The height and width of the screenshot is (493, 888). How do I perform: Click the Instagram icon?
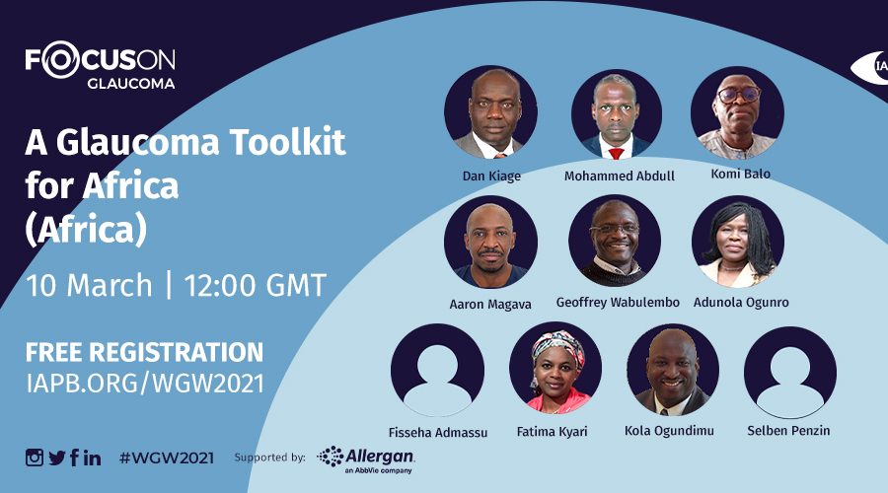tap(34, 458)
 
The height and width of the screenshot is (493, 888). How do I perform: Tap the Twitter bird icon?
tap(57, 458)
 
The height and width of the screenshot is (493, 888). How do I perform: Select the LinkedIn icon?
tap(93, 458)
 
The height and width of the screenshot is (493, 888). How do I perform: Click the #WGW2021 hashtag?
tap(167, 458)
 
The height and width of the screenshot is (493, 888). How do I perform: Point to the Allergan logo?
tap(366, 459)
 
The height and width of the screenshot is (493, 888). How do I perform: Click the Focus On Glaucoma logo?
tap(101, 65)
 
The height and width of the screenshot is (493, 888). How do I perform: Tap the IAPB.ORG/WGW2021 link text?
tap(145, 384)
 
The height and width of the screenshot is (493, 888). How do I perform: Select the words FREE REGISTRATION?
tap(144, 351)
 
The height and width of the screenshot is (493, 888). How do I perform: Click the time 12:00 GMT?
tap(256, 285)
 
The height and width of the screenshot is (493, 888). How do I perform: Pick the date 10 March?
tap(89, 285)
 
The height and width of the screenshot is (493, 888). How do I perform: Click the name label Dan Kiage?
tap(491, 176)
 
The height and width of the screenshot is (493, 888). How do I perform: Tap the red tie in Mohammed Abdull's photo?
tap(616, 153)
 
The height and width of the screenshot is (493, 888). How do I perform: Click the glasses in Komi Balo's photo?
tap(738, 94)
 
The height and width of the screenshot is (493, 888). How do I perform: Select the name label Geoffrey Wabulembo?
tap(618, 303)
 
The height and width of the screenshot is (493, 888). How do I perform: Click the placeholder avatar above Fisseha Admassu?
tap(438, 371)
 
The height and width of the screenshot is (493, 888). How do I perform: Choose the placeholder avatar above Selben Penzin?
tap(790, 372)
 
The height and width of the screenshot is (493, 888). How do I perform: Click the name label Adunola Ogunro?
tap(741, 303)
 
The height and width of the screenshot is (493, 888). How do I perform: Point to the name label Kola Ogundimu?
tap(669, 431)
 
